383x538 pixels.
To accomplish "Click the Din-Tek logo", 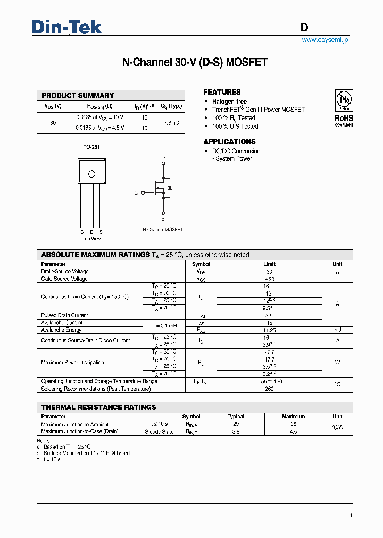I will click(66, 27).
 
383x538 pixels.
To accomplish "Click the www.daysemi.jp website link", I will click(324, 40).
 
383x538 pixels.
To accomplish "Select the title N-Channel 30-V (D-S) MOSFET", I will click(195, 63).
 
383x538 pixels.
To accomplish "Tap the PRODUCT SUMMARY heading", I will click(78, 96).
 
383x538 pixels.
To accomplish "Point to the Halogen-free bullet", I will click(229, 102).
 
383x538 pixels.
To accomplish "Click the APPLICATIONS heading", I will click(229, 142).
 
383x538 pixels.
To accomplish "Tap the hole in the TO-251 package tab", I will click(91, 174).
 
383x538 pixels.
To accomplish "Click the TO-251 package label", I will click(91, 147).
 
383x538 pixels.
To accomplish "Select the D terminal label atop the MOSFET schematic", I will click(163, 158).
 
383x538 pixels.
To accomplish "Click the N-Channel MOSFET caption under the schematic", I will click(163, 230).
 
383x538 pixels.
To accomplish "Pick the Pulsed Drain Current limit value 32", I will click(269, 315).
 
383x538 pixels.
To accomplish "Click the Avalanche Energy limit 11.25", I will click(269, 330).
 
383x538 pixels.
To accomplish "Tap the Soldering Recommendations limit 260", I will click(269, 389).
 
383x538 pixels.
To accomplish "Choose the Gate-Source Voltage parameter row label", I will click(64, 279).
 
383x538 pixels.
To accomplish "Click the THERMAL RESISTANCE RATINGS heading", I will click(98, 407).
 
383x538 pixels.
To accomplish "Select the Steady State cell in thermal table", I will click(159, 432).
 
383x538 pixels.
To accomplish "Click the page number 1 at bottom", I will click(351, 515).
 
